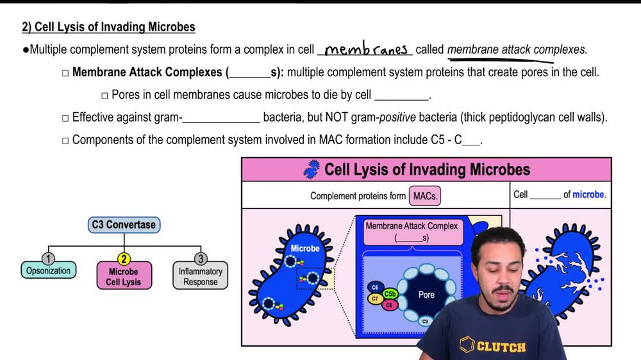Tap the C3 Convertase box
[124, 225]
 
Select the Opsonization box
[48, 271]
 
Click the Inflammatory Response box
[200, 277]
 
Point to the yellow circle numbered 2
[124, 259]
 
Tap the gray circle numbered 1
[48, 259]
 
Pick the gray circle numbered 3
[200, 259]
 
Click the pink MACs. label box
[426, 196]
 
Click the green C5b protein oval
[390, 294]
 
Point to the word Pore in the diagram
[426, 295]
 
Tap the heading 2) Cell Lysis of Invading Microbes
[108, 27]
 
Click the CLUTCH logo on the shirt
[493, 346]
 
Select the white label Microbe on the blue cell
[305, 248]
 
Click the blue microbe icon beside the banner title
[312, 170]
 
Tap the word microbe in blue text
[588, 194]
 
